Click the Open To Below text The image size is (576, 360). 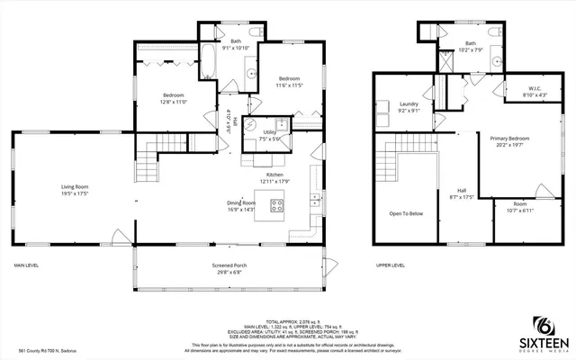406,213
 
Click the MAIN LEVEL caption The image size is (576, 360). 25,265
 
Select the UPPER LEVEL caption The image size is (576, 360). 390,265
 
